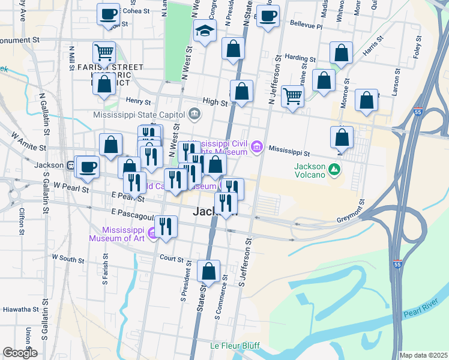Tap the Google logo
tap(20, 353)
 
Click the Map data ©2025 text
tap(423, 355)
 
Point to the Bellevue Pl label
tap(306, 26)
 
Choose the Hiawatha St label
tap(20, 310)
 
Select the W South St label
tap(67, 258)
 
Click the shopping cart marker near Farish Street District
tap(104, 52)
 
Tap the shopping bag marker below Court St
tap(208, 271)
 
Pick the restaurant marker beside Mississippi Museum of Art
tap(166, 227)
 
